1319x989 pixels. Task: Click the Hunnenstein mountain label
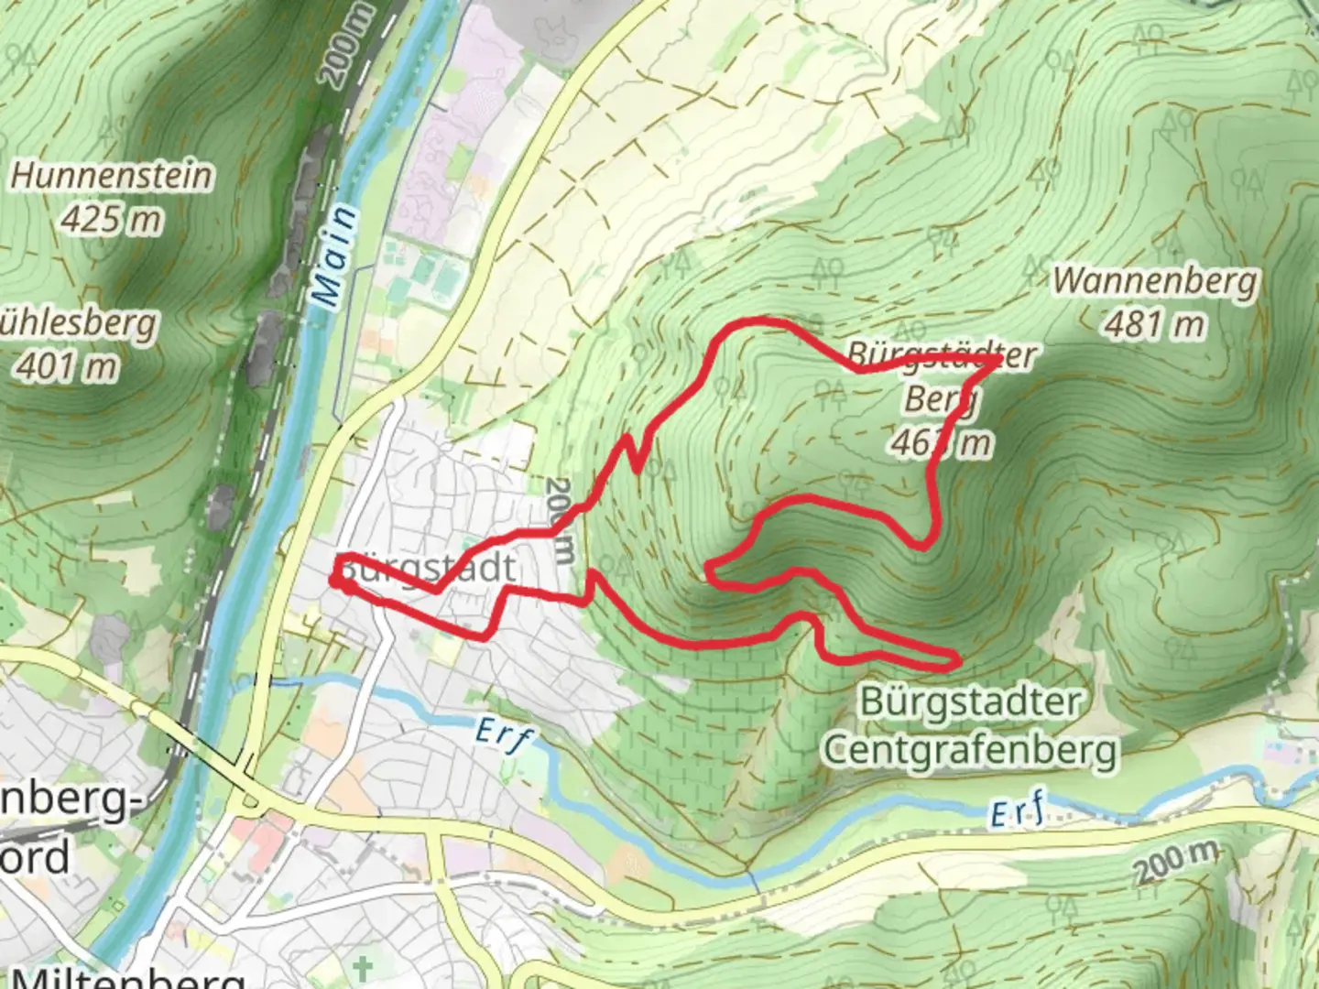point(111,175)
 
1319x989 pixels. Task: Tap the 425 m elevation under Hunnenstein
point(111,220)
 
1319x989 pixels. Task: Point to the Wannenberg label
point(1155,280)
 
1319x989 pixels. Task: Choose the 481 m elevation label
point(1154,324)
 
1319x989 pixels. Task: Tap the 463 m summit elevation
point(940,443)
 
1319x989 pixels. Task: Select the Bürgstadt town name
point(427,569)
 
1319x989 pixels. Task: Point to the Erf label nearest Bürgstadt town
point(505,735)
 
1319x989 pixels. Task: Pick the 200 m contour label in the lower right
point(1176,862)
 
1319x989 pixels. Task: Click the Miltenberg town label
point(128,977)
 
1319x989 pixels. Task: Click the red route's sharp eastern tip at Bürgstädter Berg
point(997,362)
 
